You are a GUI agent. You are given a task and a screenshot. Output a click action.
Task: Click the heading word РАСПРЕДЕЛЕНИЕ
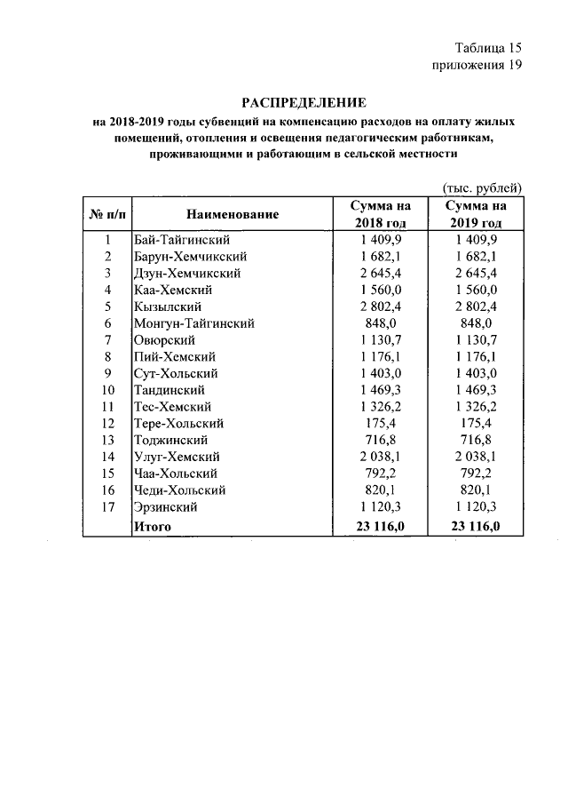point(304,103)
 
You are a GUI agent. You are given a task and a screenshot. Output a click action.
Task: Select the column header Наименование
point(233,214)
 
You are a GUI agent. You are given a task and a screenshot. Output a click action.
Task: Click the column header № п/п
point(106,214)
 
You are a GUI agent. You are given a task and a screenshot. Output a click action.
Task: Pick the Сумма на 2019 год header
point(476,214)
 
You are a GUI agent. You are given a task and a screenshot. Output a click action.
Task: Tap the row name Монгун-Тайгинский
point(193,323)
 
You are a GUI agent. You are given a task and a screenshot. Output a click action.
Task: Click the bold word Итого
point(152,527)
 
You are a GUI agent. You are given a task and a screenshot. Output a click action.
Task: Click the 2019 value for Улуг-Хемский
point(476,457)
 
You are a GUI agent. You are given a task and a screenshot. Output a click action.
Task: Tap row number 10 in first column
point(107,390)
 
